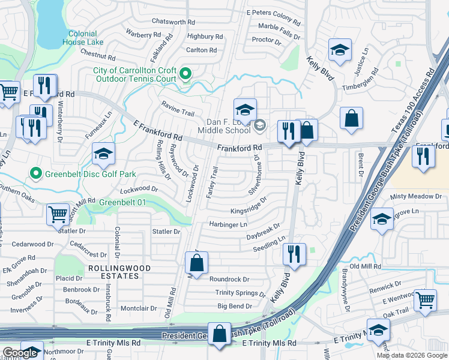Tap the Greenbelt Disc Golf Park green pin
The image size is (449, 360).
pos(35,175)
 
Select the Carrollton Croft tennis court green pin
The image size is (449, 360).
pos(185,74)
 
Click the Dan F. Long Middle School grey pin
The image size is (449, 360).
pos(260,125)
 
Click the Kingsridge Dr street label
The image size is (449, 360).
pos(248,211)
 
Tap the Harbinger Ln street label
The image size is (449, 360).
pos(228,225)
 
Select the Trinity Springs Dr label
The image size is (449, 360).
pos(240,293)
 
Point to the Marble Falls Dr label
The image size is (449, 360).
pos(279,31)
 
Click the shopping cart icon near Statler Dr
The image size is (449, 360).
pos(58,214)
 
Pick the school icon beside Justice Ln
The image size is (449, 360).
pos(340,51)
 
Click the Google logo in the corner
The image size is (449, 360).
pos(20,353)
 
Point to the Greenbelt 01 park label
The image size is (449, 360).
pos(122,202)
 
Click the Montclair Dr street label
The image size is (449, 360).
pos(139,308)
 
